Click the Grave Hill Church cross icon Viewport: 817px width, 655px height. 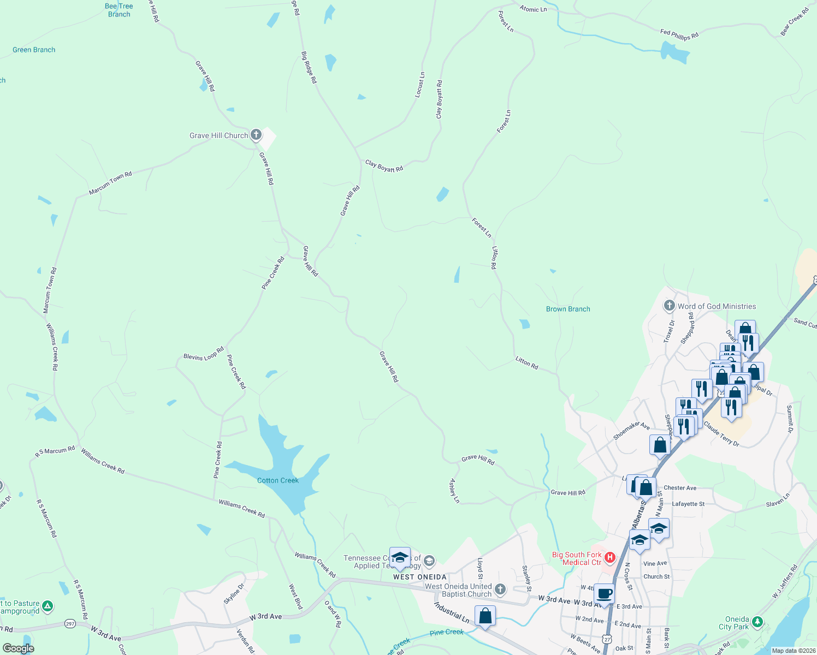pyautogui.click(x=256, y=135)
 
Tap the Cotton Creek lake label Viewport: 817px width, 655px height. pyautogui.click(x=278, y=480)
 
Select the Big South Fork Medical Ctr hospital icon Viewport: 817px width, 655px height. pyautogui.click(x=610, y=558)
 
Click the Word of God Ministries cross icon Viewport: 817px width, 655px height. pyautogui.click(x=670, y=306)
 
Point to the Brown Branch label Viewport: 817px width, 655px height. pyautogui.click(x=568, y=309)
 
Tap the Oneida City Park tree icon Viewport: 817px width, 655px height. pyautogui.click(x=757, y=622)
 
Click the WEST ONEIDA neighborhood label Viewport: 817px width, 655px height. pyautogui.click(x=419, y=577)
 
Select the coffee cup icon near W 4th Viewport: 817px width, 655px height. pyautogui.click(x=604, y=594)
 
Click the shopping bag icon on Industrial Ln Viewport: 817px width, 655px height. pyautogui.click(x=485, y=616)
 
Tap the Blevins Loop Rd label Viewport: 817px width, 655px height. pyautogui.click(x=204, y=354)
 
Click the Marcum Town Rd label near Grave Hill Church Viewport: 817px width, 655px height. pyautogui.click(x=111, y=183)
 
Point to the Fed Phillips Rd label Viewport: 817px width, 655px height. pyautogui.click(x=679, y=35)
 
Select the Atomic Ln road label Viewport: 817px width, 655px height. pyautogui.click(x=533, y=9)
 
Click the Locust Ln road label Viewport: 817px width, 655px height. pyautogui.click(x=420, y=85)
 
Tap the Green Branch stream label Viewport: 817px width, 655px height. pyautogui.click(x=34, y=50)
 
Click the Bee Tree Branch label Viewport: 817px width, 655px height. pyautogui.click(x=119, y=10)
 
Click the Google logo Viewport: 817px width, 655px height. pyautogui.click(x=19, y=648)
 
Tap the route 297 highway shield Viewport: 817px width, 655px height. pyautogui.click(x=70, y=623)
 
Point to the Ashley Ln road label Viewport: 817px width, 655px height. pyautogui.click(x=454, y=491)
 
